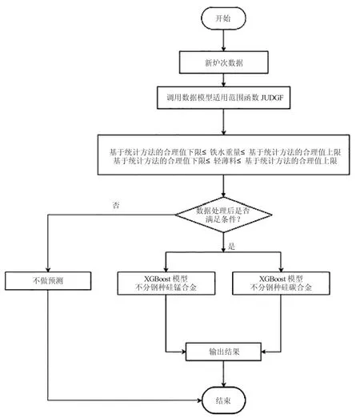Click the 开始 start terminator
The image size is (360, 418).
tap(223, 18)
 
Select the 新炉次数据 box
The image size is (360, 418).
tap(223, 62)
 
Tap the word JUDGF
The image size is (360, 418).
tap(272, 98)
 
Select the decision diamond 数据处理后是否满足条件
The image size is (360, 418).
tap(223, 215)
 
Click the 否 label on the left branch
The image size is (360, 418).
tap(116, 205)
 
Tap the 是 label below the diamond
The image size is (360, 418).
tap(231, 246)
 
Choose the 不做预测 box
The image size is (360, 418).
tap(48, 281)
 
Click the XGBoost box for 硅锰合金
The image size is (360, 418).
tap(166, 283)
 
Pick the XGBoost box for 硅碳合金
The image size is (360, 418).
tap(281, 283)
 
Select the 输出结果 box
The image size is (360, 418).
tap(223, 352)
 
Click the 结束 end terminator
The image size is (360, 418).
tap(223, 400)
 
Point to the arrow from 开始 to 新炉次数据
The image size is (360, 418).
tap(223, 40)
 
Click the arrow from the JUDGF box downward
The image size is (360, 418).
tap(223, 122)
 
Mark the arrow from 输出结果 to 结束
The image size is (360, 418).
tap(223, 374)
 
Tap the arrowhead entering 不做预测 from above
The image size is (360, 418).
tap(48, 269)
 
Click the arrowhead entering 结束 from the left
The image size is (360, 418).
tap(199, 400)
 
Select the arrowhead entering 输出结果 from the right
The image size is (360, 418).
tap(264, 352)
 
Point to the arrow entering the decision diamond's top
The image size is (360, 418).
tap(223, 186)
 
